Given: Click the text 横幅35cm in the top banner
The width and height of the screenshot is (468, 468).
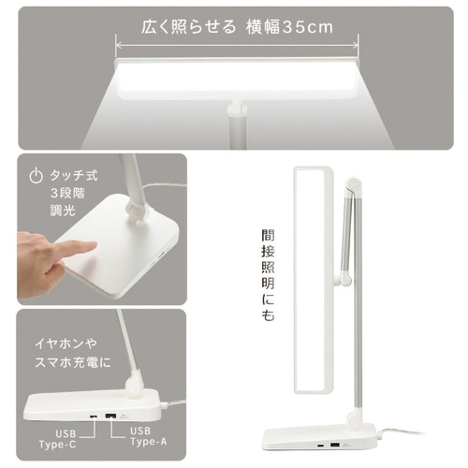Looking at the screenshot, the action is pos(289,27).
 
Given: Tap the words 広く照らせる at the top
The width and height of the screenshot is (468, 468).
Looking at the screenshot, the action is pos(188,27).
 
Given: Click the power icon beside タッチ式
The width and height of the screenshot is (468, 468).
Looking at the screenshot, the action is pos(36,176).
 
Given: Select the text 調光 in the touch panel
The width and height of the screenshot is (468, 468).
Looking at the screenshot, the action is pos(63,210).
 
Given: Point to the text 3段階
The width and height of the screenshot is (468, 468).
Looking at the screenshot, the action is pos(67,193).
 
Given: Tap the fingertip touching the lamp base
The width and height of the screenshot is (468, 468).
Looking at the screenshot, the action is pos(91,246).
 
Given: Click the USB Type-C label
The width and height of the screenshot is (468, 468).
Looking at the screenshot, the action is pos(58,439).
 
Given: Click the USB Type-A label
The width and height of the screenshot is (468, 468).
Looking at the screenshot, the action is pos(149,436).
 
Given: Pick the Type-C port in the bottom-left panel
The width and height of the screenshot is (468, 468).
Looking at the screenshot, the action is pos(93,417).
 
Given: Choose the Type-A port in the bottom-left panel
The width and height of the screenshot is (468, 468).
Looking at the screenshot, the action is pos(110,416).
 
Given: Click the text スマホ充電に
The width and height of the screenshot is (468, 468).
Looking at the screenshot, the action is pos(73,362).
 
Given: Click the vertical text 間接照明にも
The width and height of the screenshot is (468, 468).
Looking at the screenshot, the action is pos(268,275).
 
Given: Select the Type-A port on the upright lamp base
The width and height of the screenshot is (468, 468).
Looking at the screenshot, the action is pos(335,445).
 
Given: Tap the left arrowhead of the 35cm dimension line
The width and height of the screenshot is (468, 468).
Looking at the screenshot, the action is pos(118,46).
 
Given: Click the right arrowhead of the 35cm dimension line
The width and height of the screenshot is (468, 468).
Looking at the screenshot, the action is pos(356,46).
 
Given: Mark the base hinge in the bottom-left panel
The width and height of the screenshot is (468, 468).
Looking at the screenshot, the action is pos(133,388).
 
